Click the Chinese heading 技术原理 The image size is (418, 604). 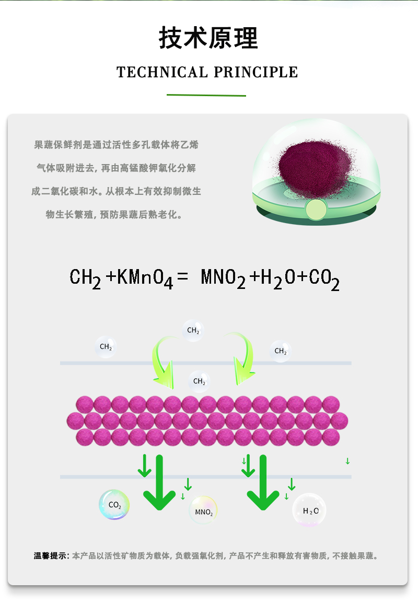(208, 38)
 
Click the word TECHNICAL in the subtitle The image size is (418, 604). (162, 72)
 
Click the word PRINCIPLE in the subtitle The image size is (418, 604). (256, 72)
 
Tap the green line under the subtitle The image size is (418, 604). (206, 95)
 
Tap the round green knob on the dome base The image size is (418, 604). (316, 209)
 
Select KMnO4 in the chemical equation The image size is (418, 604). (145, 278)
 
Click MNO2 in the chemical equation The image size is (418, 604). (223, 278)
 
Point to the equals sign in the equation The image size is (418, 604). (182, 276)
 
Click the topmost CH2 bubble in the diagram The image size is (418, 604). (193, 330)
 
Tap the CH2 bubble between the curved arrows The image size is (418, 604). (199, 381)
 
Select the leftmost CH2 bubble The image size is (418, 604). (106, 347)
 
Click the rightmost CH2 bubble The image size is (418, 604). (280, 351)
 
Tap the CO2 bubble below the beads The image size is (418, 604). (114, 505)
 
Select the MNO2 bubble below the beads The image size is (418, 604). (203, 510)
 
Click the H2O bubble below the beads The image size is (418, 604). (309, 510)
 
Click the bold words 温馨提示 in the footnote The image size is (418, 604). (50, 556)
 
